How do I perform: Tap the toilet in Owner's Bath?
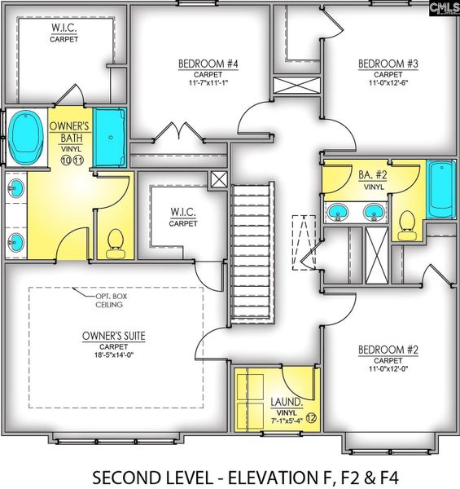click(x=115, y=240)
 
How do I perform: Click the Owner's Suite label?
click(x=114, y=336)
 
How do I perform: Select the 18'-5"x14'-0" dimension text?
click(x=114, y=355)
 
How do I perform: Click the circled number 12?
click(x=311, y=418)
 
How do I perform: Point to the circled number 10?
click(x=65, y=161)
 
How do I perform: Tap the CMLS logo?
click(x=443, y=10)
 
